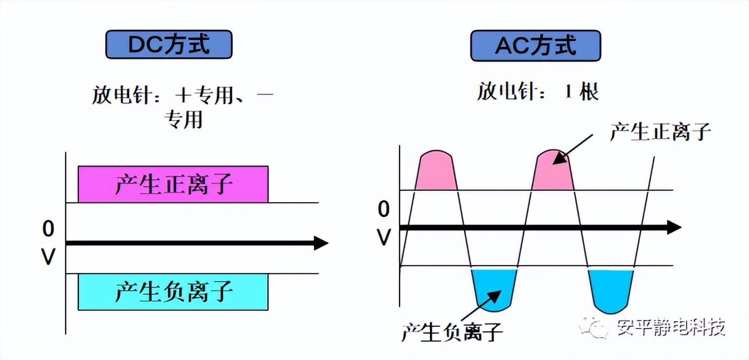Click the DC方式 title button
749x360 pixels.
point(169,45)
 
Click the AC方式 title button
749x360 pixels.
point(535,46)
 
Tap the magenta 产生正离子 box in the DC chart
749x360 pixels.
point(173,184)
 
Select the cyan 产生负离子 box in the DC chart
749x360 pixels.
point(173,291)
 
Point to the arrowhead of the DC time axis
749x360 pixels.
point(320,243)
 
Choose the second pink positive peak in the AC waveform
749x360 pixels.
point(553,171)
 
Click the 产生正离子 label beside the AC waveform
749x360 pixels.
point(660,132)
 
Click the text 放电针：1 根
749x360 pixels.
point(538,92)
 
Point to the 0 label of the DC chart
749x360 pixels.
point(49,229)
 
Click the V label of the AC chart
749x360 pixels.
point(383,237)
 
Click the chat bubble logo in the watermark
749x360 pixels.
point(593,328)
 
